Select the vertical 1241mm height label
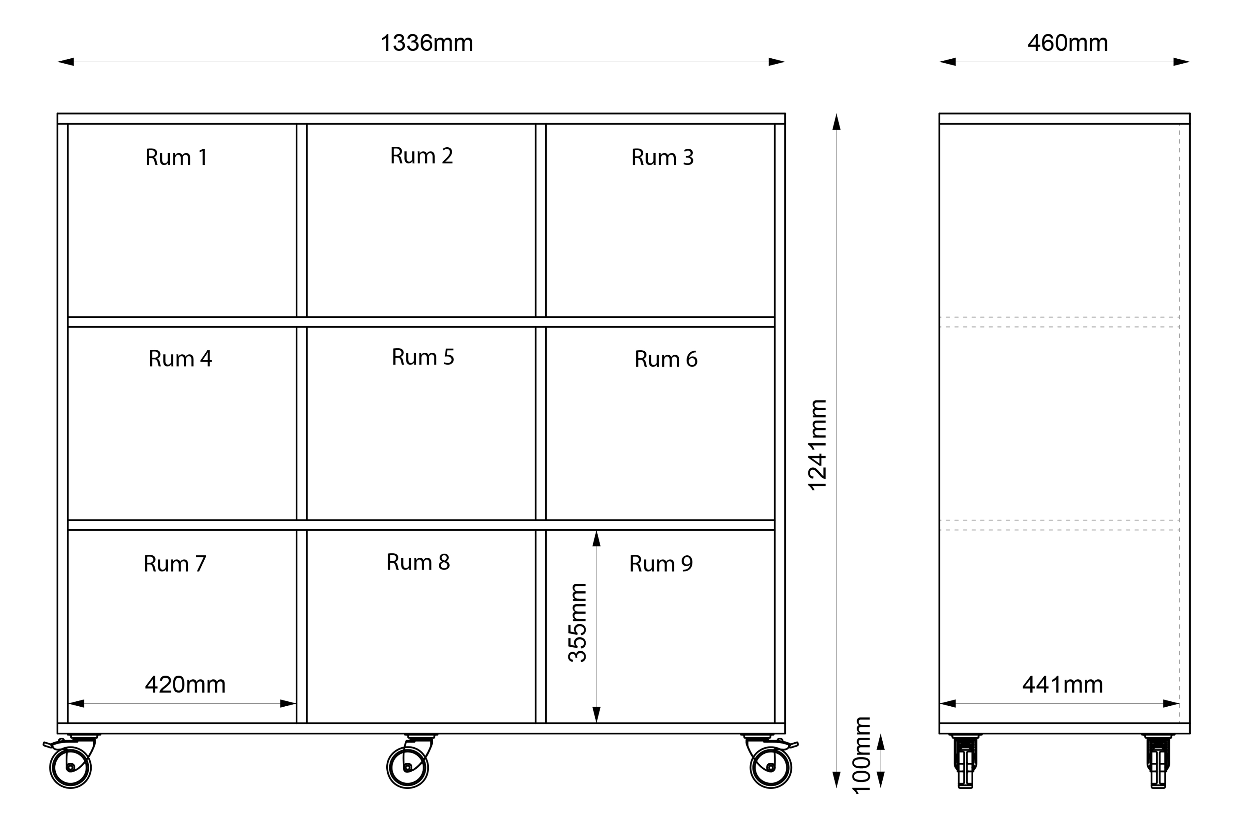pyautogui.click(x=818, y=445)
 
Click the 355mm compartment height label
pyautogui.click(x=577, y=623)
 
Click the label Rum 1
pyautogui.click(x=177, y=157)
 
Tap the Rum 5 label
pyautogui.click(x=423, y=357)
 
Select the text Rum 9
pyautogui.click(x=661, y=563)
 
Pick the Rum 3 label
pyautogui.click(x=663, y=157)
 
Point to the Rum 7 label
pyautogui.click(x=175, y=563)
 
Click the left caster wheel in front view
pyautogui.click(x=71, y=767)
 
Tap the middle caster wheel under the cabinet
pyautogui.click(x=407, y=767)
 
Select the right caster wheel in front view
pyautogui.click(x=771, y=767)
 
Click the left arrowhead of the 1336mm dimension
pyautogui.click(x=66, y=62)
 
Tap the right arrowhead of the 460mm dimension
pyautogui.click(x=1181, y=62)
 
